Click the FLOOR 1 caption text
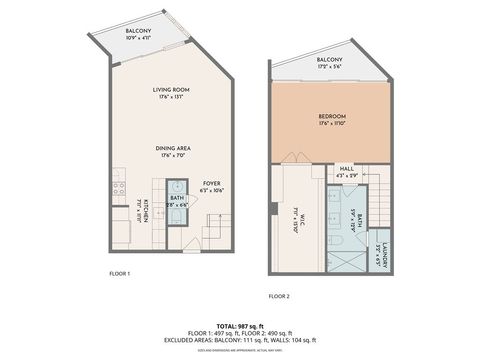pyautogui.click(x=120, y=273)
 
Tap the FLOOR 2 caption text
pyautogui.click(x=279, y=297)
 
